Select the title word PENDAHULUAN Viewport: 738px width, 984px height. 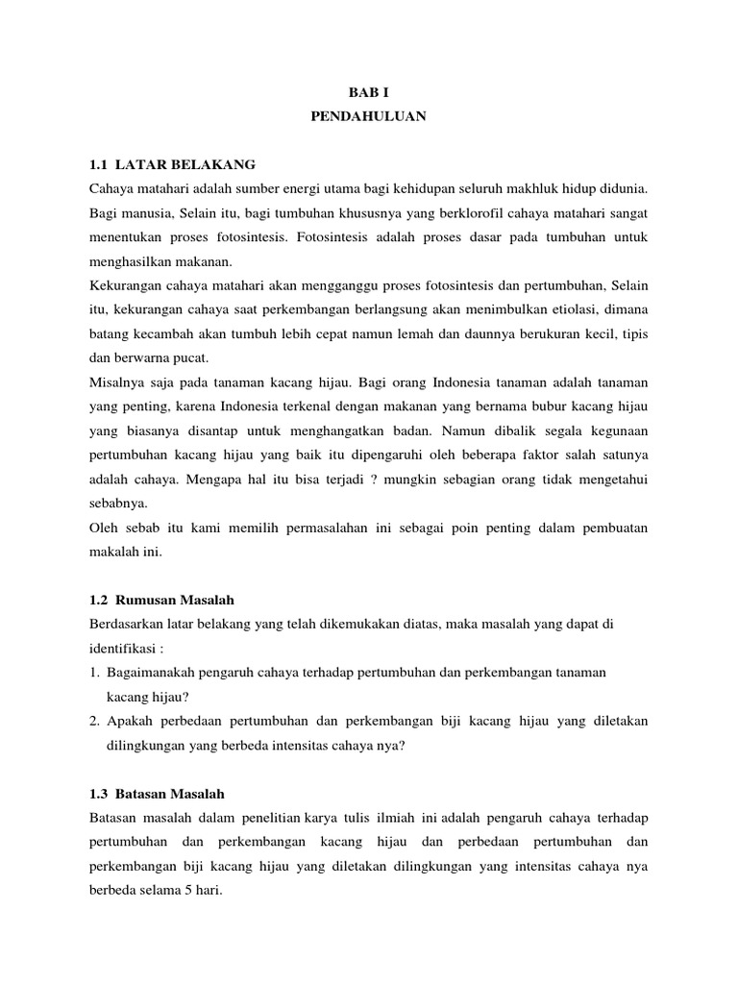click(x=368, y=119)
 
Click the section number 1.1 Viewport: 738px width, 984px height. click(x=99, y=164)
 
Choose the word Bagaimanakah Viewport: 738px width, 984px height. click(x=156, y=674)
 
